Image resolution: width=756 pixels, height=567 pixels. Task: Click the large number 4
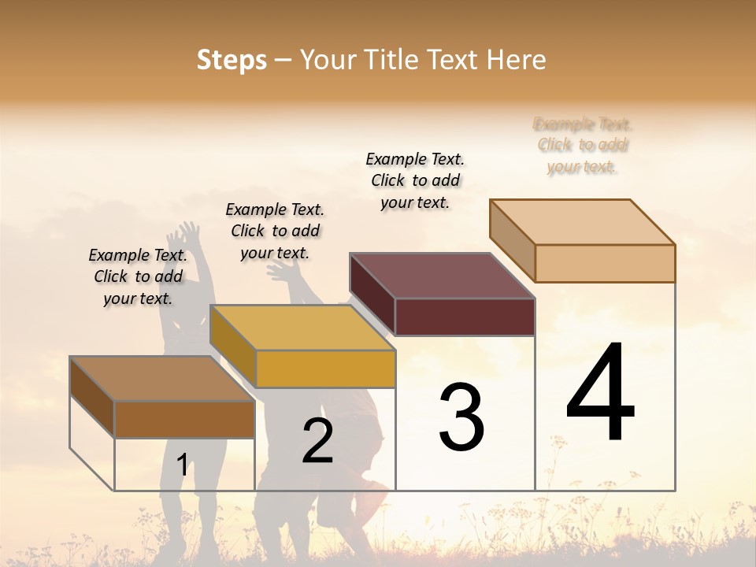pos(601,392)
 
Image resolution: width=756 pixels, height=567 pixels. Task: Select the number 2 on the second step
pos(317,440)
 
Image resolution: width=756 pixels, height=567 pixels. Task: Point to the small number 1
pos(183,465)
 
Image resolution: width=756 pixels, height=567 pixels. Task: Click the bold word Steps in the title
pos(232,60)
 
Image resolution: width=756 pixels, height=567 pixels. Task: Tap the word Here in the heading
pos(517,60)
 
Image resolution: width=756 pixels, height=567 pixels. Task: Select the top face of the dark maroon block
pos(442,276)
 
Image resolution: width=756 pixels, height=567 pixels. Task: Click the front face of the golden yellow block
pos(325,369)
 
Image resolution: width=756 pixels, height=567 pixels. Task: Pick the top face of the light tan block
pos(582,221)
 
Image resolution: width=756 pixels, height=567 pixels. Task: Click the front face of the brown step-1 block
pos(184,419)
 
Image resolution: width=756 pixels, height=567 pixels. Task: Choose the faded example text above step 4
pos(582,146)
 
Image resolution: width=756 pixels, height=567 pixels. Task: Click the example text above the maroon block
pos(415,180)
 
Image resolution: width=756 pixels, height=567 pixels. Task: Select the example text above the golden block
pos(275,231)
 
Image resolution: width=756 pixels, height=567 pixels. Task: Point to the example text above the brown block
pos(138,276)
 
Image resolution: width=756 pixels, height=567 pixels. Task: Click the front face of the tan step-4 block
pos(605,263)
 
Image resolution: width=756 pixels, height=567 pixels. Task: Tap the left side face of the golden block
pos(233,346)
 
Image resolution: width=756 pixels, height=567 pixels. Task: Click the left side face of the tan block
pos(513,240)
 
